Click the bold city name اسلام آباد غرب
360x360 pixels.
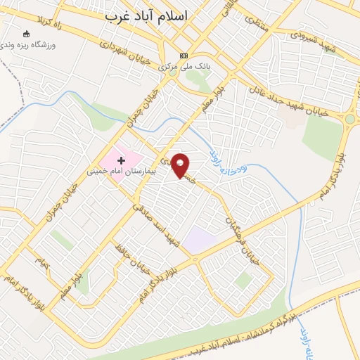(148, 16)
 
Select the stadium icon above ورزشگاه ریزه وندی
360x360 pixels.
(27, 33)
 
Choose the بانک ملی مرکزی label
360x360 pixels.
(184, 67)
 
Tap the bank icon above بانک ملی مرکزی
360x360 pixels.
(184, 56)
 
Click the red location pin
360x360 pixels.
(181, 166)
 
